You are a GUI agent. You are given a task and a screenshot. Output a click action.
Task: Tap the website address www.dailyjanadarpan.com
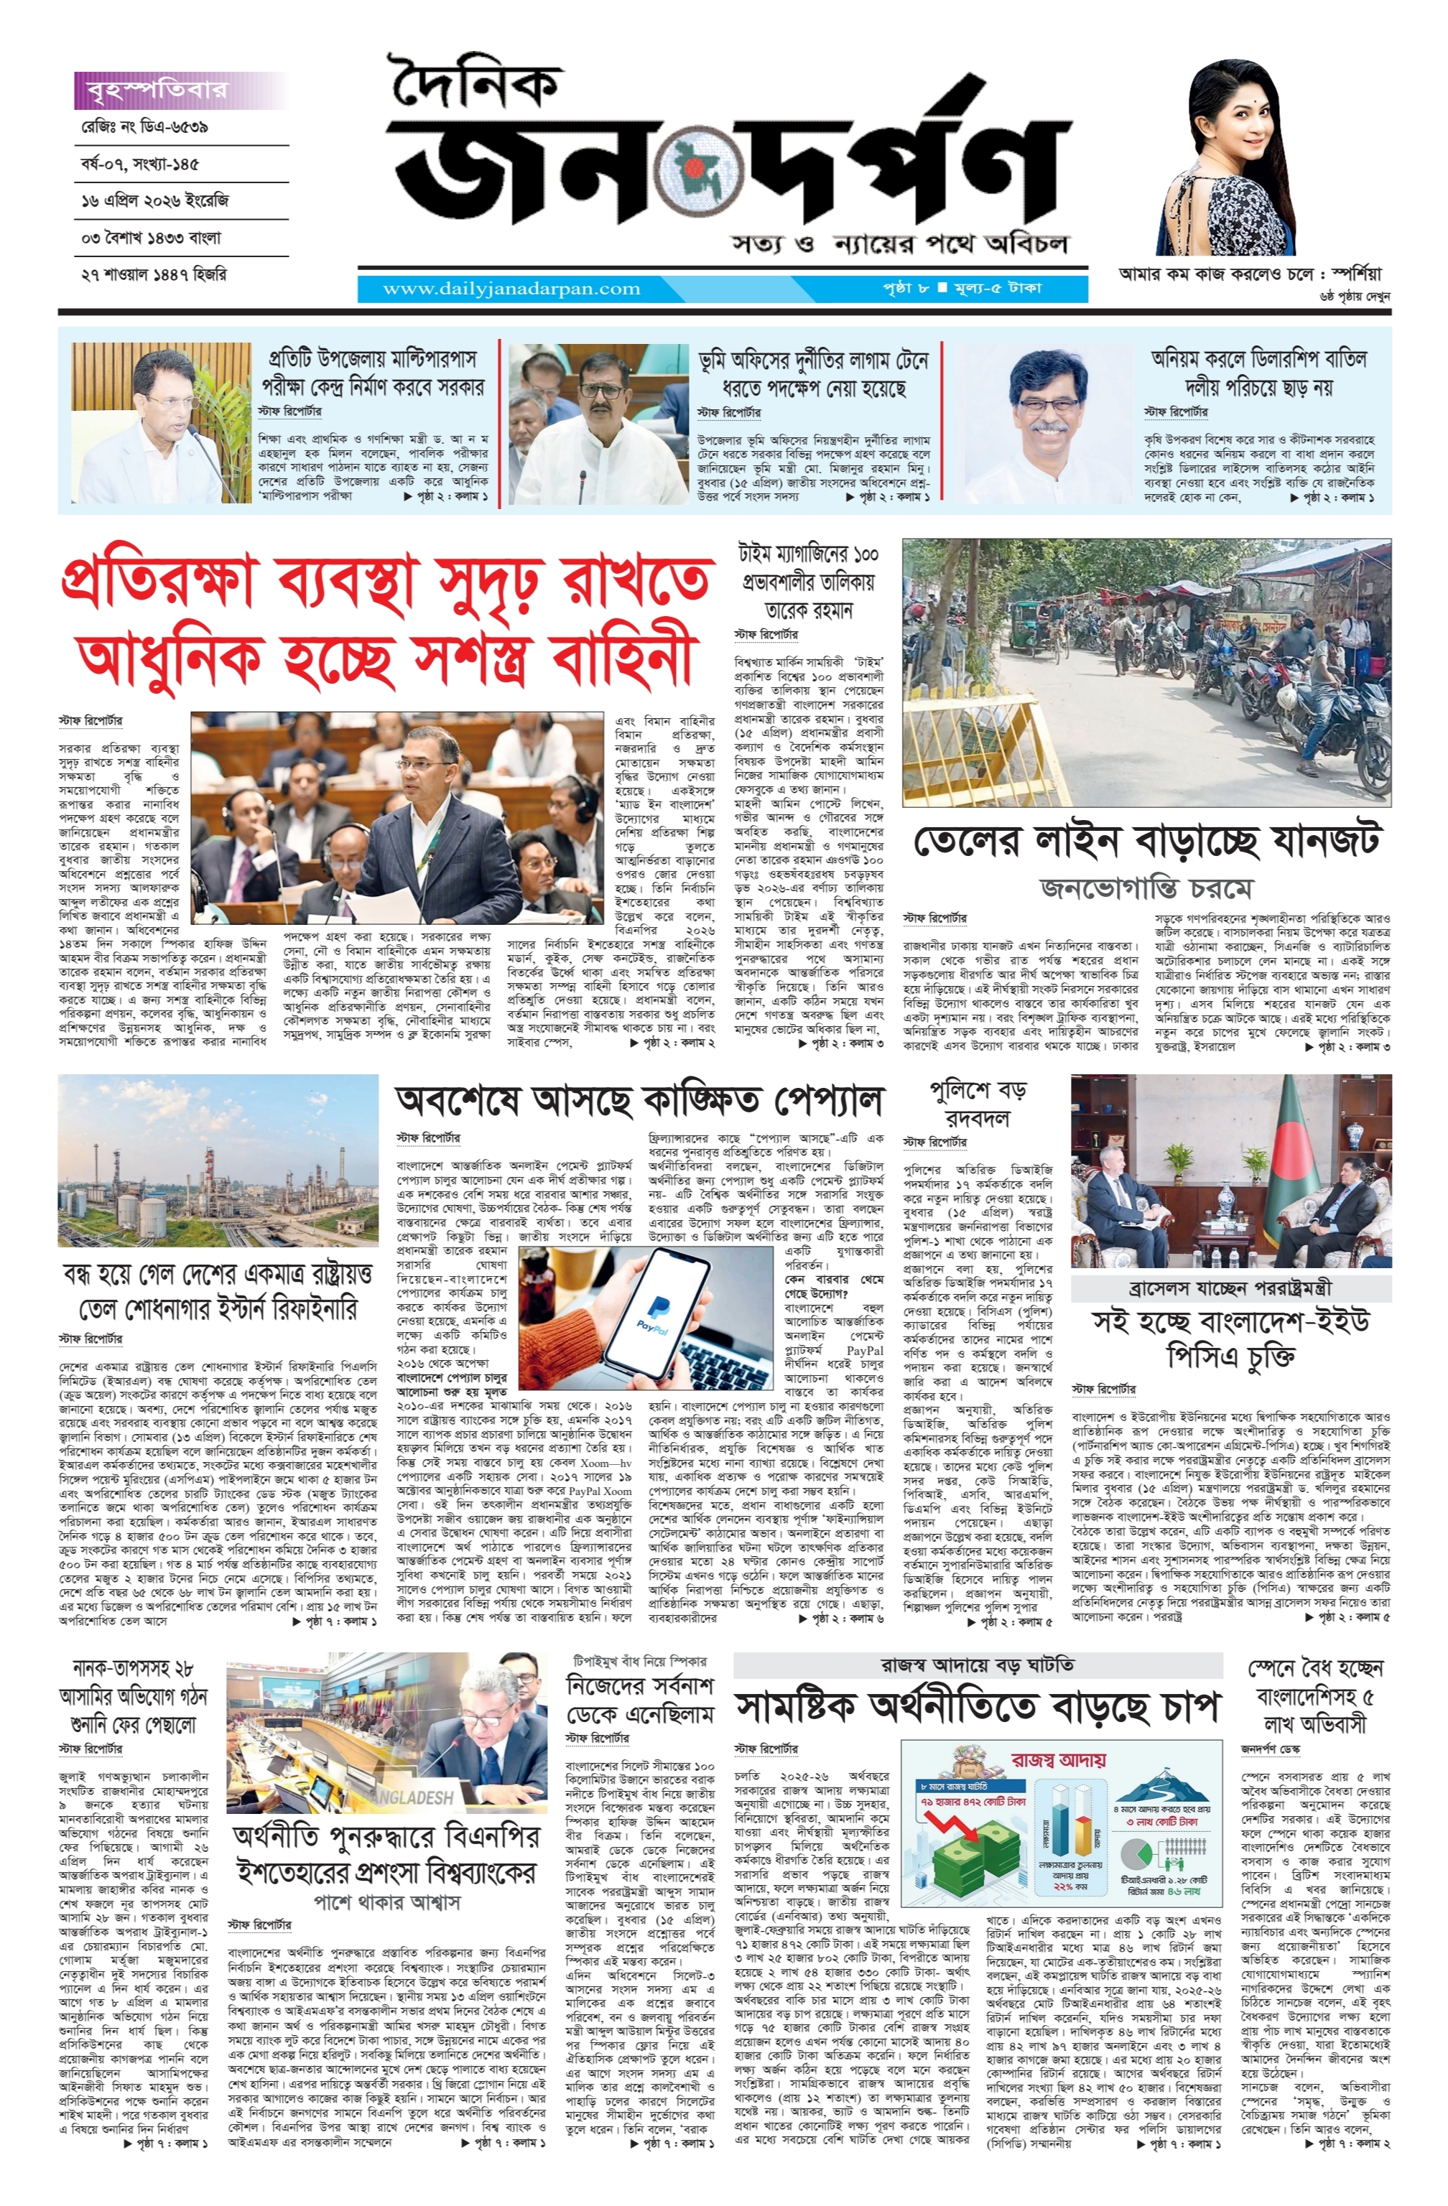point(511,288)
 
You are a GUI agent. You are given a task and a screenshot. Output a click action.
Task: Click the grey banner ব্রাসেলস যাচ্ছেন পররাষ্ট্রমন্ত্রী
point(1230,1288)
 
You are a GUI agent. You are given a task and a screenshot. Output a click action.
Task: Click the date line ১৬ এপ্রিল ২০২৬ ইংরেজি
point(155,200)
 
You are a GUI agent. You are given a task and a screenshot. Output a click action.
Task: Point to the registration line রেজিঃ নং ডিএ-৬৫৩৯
point(144,127)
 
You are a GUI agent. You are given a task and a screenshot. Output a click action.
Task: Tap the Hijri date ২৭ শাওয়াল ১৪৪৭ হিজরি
point(154,274)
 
